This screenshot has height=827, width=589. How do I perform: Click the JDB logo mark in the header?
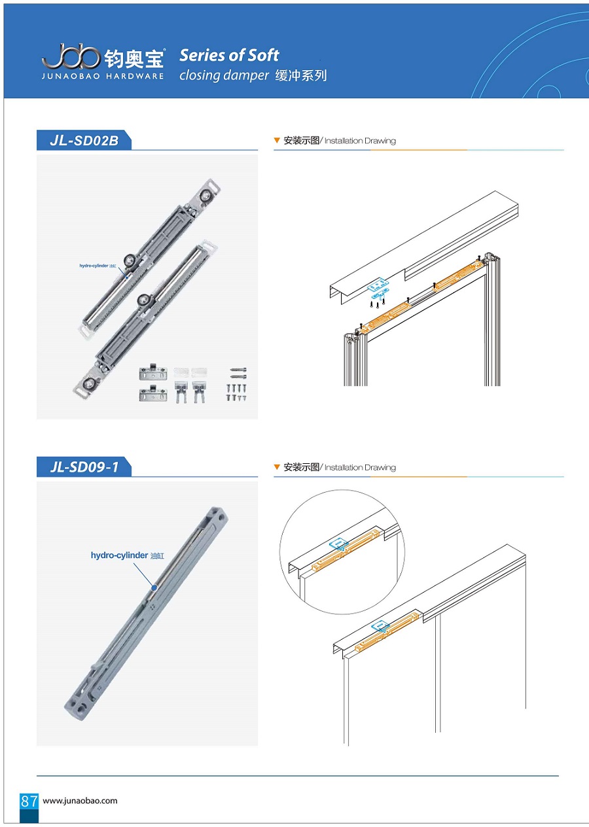coord(71,56)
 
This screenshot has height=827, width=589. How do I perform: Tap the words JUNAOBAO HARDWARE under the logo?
coord(103,77)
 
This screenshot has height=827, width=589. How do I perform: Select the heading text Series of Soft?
coord(229,56)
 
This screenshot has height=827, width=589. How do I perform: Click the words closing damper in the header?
coord(224,75)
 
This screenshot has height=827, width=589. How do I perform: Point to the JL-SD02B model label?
coord(84,141)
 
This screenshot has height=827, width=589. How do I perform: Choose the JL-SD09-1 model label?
coord(84,467)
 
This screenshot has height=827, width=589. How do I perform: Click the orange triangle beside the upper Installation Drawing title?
coord(277,140)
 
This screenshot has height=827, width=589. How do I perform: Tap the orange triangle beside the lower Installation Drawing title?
coord(277,467)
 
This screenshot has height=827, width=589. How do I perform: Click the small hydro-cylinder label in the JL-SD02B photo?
coord(98,266)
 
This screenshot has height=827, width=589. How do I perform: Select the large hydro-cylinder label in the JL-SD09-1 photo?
coord(128,555)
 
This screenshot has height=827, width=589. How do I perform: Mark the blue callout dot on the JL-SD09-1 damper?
coord(154,588)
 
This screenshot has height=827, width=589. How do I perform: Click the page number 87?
coord(29,801)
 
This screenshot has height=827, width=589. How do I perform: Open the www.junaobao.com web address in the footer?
coord(80,801)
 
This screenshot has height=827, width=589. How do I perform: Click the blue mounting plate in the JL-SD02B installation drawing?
coord(378,284)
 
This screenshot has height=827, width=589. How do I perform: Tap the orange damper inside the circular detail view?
coord(346,550)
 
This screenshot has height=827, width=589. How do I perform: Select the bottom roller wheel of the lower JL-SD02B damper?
coord(88,383)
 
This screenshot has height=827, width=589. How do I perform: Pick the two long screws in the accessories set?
coord(238,373)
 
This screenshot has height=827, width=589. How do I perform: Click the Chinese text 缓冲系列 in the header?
coord(301,75)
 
